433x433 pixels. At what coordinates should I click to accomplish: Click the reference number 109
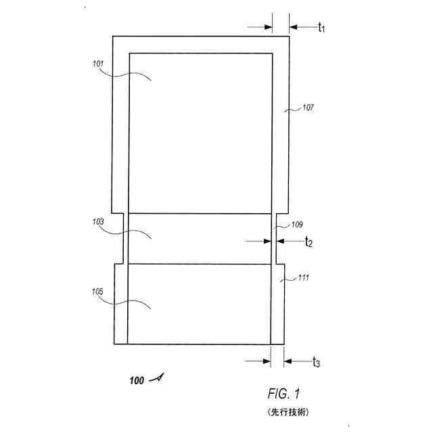point(297,225)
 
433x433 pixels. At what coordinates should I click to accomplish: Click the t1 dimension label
point(321,28)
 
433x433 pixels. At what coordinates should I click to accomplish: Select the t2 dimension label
point(308,242)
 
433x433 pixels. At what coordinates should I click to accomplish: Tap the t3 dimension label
point(316,363)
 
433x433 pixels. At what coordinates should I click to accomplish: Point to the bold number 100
point(137,380)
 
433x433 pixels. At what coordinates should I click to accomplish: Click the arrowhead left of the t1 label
point(292,27)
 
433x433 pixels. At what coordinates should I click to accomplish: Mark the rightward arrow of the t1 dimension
point(268,27)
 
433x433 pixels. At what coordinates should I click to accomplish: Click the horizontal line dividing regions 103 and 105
point(199,264)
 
